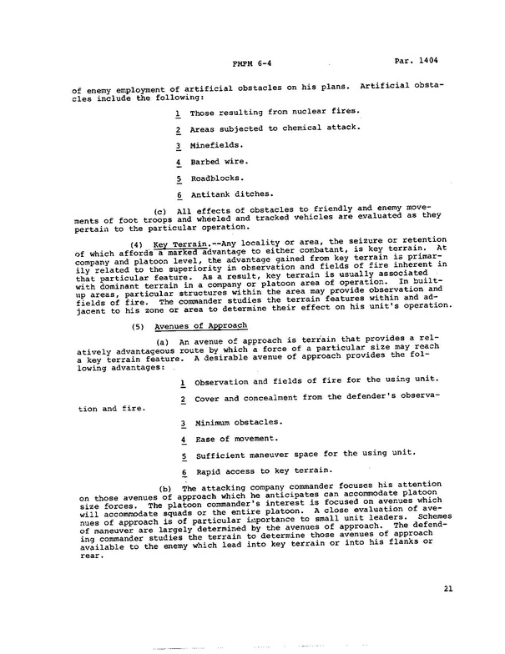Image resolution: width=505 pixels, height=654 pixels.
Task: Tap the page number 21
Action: (x=448, y=589)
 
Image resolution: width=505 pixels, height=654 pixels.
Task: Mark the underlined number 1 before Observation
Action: (x=182, y=382)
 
